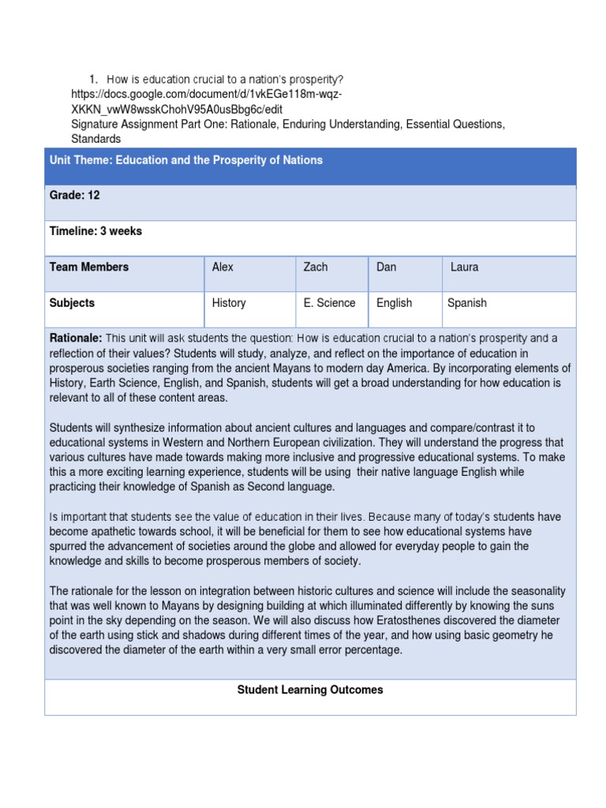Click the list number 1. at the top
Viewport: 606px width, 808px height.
point(92,80)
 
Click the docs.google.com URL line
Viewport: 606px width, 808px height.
point(207,95)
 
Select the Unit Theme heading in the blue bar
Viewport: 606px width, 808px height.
point(186,160)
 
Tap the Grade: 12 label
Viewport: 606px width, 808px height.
point(75,196)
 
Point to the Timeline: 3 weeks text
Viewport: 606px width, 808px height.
point(95,231)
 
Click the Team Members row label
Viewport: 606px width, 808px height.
point(89,267)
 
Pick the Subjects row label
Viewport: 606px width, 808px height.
point(72,303)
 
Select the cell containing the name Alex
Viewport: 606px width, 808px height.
point(223,267)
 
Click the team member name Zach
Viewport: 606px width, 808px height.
point(316,267)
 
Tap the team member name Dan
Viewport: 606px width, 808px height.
point(387,267)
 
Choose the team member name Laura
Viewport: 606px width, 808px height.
point(465,267)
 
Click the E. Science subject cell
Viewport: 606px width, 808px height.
point(330,303)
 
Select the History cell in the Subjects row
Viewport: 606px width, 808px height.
point(229,303)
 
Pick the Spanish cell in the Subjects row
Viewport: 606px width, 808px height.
point(467,303)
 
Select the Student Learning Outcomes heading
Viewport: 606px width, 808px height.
point(310,690)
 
